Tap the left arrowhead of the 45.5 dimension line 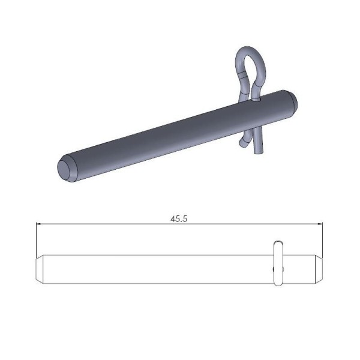tap(40, 224)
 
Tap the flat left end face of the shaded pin tap(64, 169)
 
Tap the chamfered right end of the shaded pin tap(292, 101)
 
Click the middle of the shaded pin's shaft tap(174, 133)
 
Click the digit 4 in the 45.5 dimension tap(173, 219)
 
